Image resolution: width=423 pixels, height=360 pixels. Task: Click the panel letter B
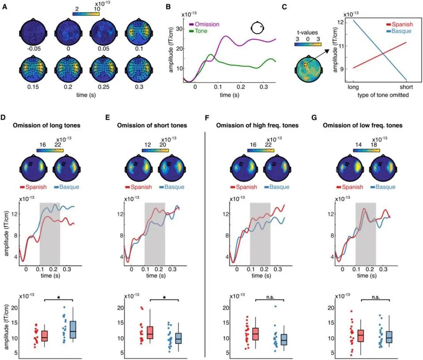[168, 7]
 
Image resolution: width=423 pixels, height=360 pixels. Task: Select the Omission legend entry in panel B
[204, 24]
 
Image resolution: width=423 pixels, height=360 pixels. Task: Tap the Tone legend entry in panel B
[198, 31]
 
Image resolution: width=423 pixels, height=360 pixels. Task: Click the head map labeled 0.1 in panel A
[139, 32]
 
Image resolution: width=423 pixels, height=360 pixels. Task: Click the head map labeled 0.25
[103, 70]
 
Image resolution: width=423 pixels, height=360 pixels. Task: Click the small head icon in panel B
[257, 27]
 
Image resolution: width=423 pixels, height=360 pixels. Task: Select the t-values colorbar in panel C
[308, 44]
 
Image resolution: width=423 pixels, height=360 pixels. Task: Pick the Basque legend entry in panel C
[399, 31]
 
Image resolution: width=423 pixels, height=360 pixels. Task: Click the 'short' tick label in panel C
[406, 87]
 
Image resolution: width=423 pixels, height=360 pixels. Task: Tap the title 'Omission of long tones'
[47, 125]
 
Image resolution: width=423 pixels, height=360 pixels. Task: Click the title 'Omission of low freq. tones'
[362, 125]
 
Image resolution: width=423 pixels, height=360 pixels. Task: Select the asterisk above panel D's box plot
[58, 297]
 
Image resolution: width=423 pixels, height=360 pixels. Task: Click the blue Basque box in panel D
[73, 330]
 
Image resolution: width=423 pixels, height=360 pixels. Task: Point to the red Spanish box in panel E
[150, 333]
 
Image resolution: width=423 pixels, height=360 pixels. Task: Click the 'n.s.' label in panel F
[270, 297]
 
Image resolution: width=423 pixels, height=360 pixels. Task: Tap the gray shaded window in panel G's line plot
[366, 234]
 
